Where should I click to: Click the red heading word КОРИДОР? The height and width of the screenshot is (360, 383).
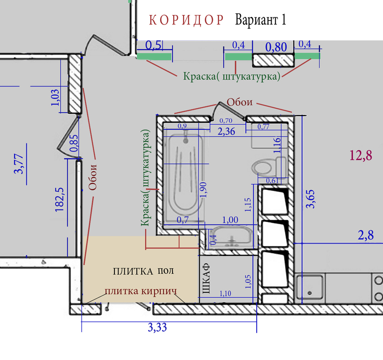186,20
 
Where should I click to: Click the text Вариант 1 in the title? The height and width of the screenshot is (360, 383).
260,20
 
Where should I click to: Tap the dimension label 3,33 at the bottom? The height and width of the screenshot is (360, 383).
157,327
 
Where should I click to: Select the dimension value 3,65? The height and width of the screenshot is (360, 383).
310,199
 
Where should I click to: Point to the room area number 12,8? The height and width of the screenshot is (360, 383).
361,155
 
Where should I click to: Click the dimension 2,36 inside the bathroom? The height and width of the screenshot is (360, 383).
226,131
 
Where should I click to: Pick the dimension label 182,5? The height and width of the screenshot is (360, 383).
59,200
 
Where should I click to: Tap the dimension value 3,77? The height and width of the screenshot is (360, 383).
18,164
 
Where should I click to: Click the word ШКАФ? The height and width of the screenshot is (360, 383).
206,278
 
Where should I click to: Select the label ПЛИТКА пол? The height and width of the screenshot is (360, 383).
143,271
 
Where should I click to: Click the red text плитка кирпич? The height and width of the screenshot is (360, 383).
141,291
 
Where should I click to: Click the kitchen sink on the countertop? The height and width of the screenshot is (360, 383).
310,288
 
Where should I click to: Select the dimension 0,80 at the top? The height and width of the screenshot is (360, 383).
276,47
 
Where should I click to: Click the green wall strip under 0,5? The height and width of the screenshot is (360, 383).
154,56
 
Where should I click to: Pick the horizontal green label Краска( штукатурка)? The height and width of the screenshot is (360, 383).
232,76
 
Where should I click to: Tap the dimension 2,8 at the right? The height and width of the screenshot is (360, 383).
366,236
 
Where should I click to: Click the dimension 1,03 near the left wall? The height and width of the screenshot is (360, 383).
55,98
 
